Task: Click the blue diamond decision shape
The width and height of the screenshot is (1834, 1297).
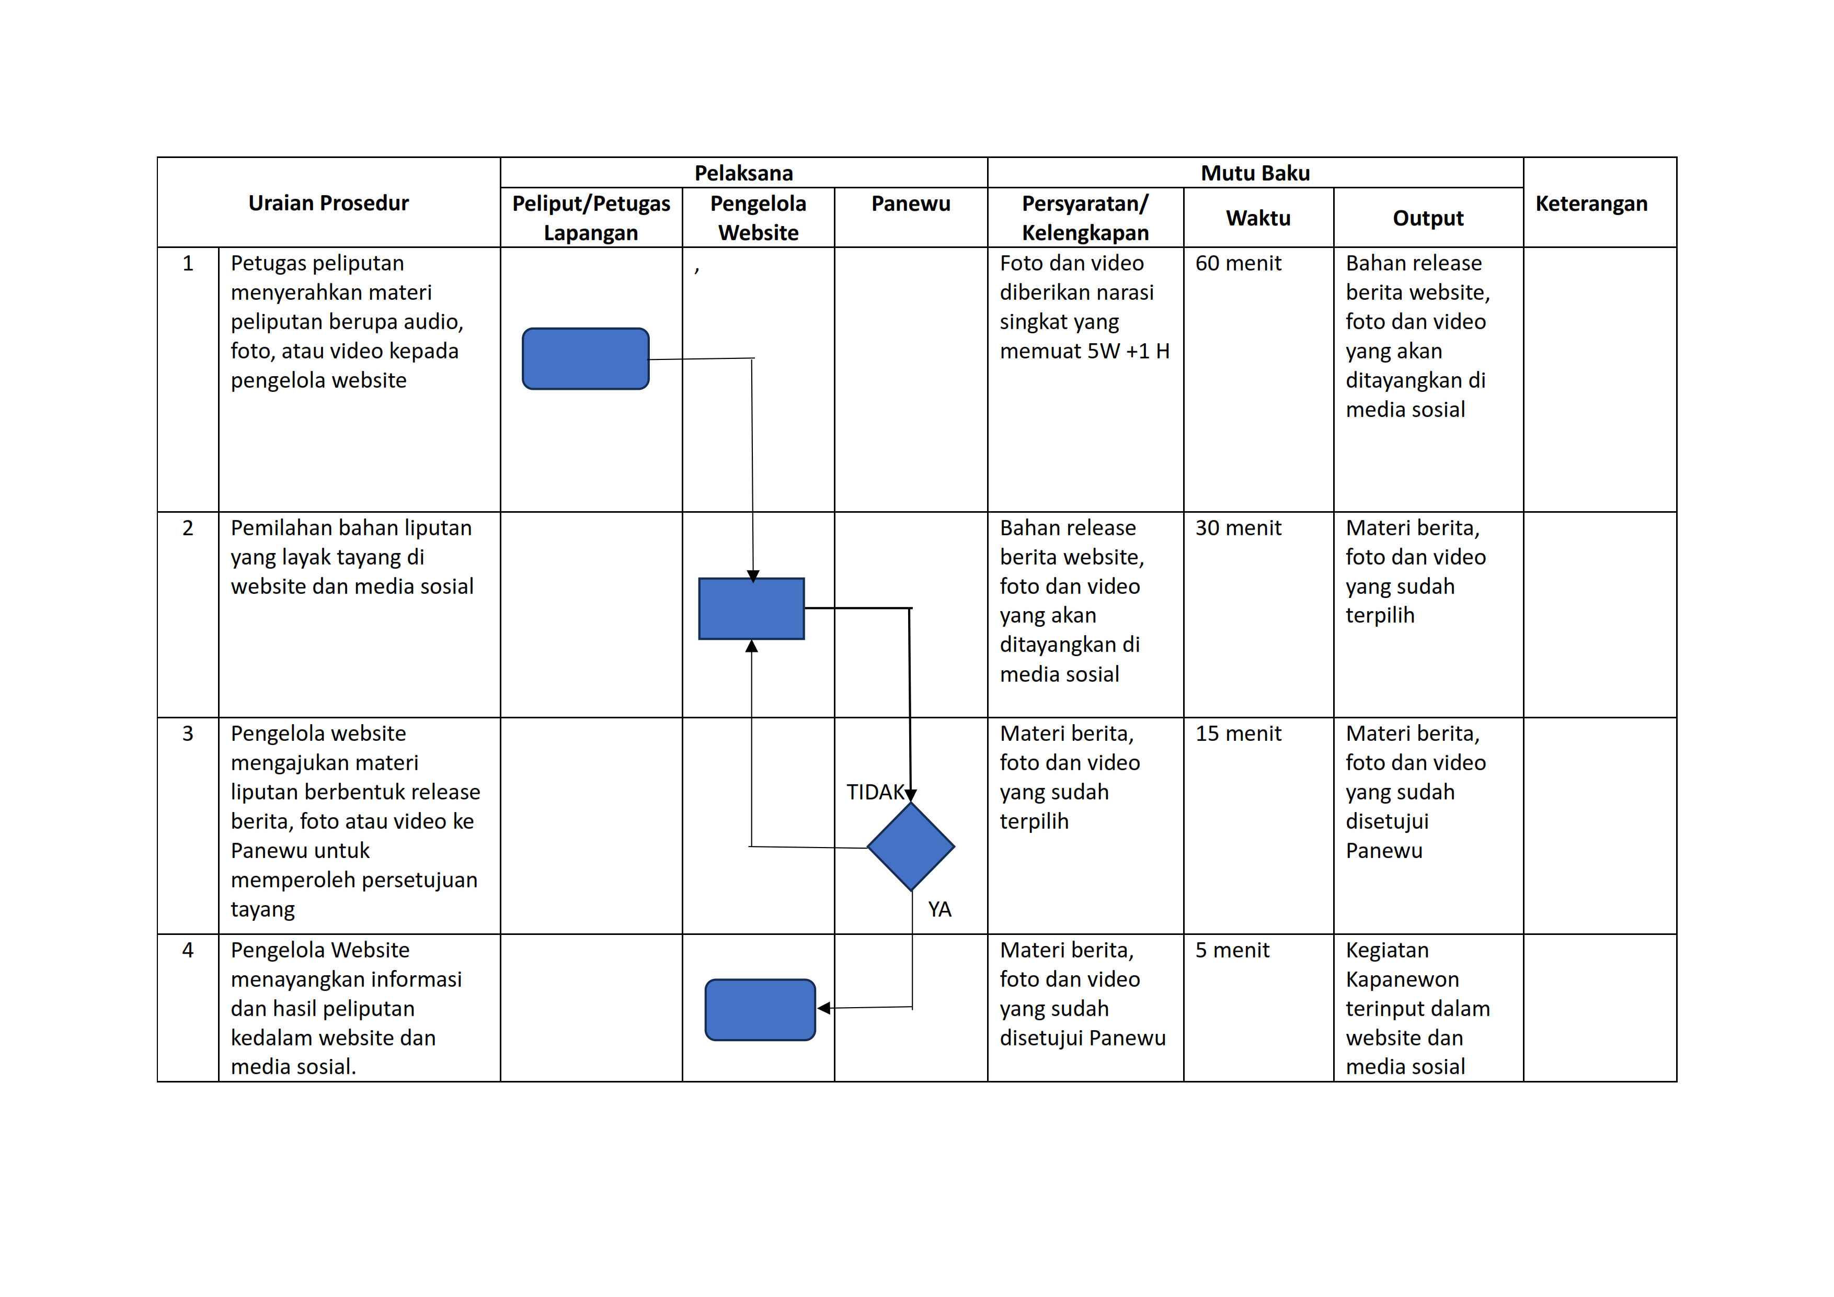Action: (911, 847)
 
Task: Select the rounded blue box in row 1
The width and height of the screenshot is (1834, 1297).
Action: (586, 359)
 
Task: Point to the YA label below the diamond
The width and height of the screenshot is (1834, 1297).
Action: (939, 909)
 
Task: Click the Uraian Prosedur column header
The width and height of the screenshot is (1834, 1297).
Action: (328, 203)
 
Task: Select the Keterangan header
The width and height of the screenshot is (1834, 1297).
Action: (1591, 204)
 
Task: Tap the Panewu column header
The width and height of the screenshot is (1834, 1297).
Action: (911, 204)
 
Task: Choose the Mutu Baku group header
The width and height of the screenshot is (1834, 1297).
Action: (1255, 173)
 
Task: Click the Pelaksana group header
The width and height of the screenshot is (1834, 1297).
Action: (743, 173)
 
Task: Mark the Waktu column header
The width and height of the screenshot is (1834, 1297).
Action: (1258, 218)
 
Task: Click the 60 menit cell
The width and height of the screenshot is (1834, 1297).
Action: (1238, 263)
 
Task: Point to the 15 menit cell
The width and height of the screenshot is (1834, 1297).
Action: (1238, 734)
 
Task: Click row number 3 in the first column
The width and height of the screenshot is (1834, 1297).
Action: (188, 734)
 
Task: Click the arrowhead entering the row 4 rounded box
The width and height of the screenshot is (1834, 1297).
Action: (823, 1009)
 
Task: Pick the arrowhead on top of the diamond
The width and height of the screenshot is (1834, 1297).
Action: (911, 795)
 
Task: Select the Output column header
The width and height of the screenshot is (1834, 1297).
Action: (1428, 218)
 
